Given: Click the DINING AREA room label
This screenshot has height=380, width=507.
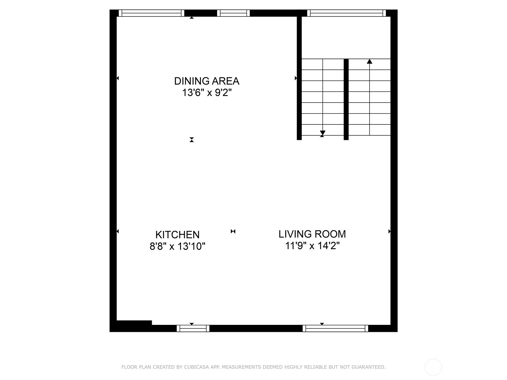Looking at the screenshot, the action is pos(207,81).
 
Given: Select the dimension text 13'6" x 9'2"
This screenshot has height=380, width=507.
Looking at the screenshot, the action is pos(207,93).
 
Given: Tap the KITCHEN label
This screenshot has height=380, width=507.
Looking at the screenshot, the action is pos(177,235).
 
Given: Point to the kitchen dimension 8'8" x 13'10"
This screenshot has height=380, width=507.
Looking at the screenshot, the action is pos(177,246).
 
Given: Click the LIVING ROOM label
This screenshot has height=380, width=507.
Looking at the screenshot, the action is pos(312,234).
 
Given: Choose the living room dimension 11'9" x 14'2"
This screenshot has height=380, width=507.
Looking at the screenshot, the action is pos(312,246).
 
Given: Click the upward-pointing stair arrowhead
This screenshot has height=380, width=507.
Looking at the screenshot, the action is pos(369,61).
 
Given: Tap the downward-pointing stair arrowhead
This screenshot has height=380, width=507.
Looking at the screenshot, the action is pos(323,133).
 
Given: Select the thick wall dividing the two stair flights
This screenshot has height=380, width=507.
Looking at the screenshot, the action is pos(346,99).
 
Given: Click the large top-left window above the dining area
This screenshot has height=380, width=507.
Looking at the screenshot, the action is pos(151,13).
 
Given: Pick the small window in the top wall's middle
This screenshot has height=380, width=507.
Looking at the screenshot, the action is pos(233,13).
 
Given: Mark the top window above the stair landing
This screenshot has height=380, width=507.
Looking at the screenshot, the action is pos(346,13).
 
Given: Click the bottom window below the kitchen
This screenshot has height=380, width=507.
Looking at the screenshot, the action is pos(193,328).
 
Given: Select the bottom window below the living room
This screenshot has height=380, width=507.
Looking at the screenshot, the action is pos(335,328).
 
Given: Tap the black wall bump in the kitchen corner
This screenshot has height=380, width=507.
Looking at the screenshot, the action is pos(134,323).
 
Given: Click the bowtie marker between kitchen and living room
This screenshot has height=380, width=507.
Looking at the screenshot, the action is pos(233,231).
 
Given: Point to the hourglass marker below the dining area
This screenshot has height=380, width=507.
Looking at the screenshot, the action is pos(192,140).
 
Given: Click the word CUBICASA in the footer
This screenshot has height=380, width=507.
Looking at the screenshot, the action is pos(196,367).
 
